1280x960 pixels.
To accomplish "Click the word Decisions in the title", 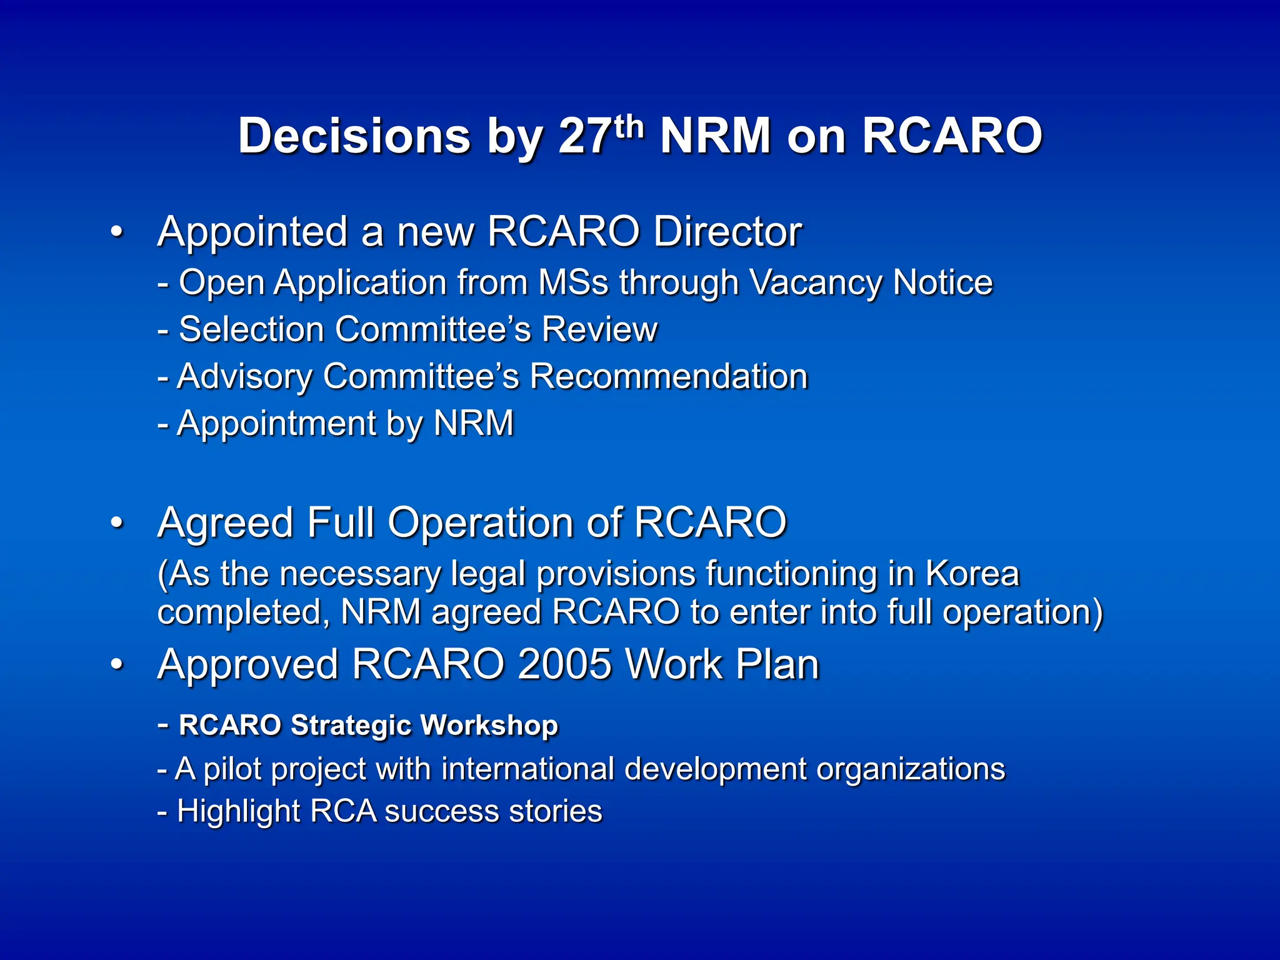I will point(354,136).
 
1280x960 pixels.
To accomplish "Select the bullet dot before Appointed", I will point(117,232).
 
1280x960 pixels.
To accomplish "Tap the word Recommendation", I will point(668,376).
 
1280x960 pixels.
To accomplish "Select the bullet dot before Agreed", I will point(117,523).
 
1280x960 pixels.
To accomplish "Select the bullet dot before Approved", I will point(117,665).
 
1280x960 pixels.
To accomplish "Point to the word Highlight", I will point(239,812).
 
